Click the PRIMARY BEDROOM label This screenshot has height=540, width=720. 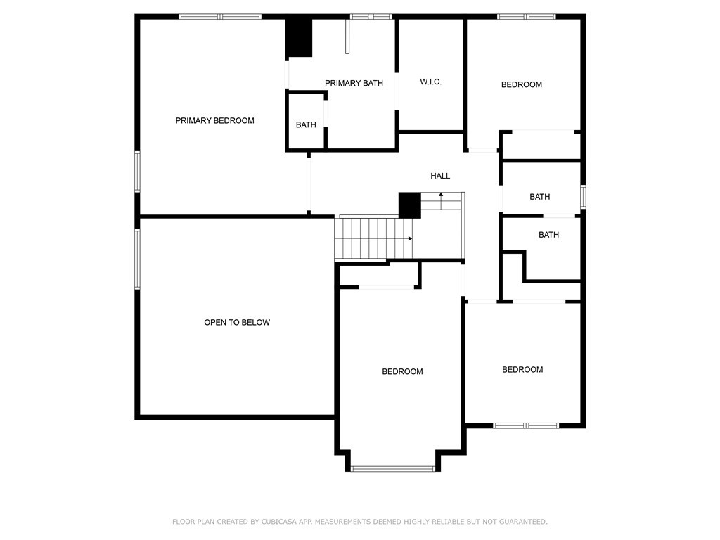click(214, 120)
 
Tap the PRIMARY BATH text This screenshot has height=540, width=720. click(354, 83)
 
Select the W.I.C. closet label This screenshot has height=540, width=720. click(431, 82)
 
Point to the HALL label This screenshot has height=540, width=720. click(440, 175)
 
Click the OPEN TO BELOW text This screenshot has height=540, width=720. click(237, 322)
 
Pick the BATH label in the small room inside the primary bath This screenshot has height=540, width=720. click(306, 124)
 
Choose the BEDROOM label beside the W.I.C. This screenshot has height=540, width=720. click(521, 84)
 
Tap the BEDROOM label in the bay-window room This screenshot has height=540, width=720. click(402, 371)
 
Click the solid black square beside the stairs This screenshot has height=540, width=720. click(410, 205)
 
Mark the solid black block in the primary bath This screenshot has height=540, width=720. click(299, 37)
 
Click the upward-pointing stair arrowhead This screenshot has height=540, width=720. click(441, 195)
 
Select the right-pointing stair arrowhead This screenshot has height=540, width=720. click(410, 238)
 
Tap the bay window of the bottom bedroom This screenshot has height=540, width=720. click(392, 469)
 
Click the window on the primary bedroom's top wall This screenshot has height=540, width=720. click(220, 17)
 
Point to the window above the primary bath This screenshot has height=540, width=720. click(371, 17)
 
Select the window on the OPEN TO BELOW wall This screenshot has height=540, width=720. click(137, 259)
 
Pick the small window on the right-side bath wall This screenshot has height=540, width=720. click(583, 197)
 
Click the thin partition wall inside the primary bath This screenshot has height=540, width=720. click(347, 37)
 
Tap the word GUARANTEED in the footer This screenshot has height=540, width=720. click(523, 522)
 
